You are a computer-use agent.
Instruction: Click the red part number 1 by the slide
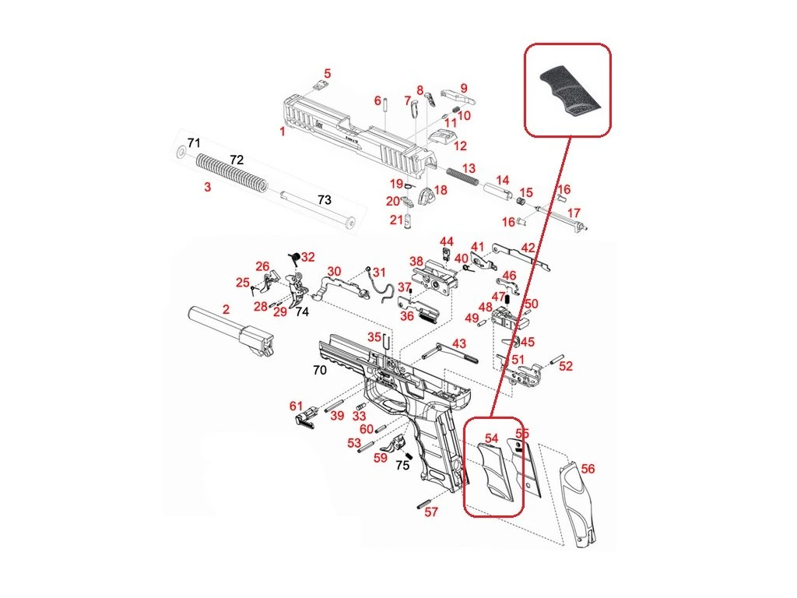tap(283, 132)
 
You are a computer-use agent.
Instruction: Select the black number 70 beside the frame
tap(319, 370)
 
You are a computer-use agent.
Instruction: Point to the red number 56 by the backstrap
tap(588, 469)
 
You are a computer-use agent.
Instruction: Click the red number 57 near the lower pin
tap(431, 512)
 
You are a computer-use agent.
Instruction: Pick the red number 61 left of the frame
tap(296, 406)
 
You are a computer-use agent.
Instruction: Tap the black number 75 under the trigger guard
tap(402, 465)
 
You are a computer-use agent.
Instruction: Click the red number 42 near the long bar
tap(528, 248)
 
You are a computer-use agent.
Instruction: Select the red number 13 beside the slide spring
tap(469, 168)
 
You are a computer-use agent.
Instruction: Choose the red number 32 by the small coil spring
tap(308, 257)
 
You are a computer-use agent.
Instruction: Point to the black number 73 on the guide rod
tap(324, 199)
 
